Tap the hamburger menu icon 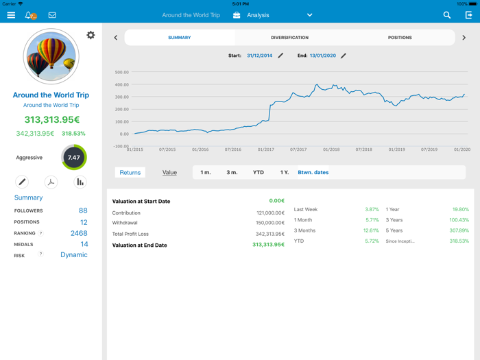(11, 15)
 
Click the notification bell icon (29, 15)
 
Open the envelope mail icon (52, 15)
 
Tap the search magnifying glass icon (447, 15)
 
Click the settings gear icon (91, 35)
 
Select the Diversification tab (289, 38)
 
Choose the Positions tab (400, 38)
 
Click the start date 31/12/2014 (259, 56)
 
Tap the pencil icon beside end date (344, 56)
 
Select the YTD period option (258, 173)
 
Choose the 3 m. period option (232, 173)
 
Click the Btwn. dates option (313, 173)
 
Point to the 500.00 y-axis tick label (121, 72)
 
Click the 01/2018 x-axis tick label (331, 149)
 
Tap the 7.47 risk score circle (74, 158)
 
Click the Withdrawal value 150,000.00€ (269, 223)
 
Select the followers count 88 (83, 211)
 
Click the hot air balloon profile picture (51, 56)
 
